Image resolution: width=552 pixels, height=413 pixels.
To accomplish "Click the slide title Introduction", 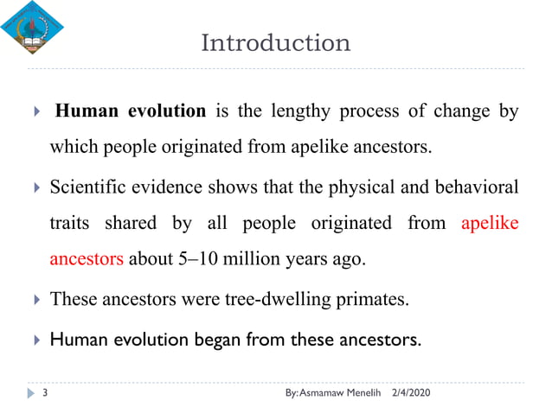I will coord(275,42).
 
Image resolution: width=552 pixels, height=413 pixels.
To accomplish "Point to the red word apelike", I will coord(490,223).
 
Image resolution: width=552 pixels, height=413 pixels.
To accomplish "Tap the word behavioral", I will coord(474,187).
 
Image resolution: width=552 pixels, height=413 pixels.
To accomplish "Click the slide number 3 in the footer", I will coord(44,394).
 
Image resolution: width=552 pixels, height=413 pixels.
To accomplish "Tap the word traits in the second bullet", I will coord(69,223).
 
